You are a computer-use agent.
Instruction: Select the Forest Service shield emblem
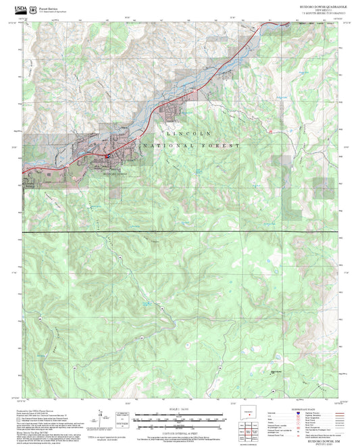pos(34,6)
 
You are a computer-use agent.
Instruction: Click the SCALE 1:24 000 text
pos(180,409)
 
